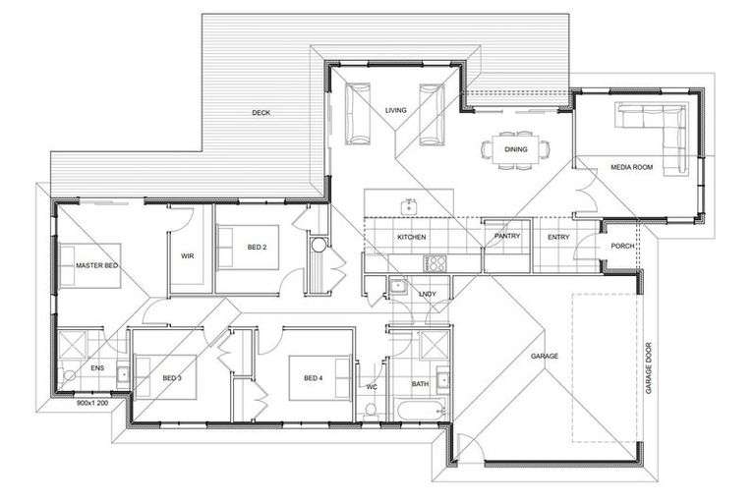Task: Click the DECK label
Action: [261, 113]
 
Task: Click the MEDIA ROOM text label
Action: [632, 167]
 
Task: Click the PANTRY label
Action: [506, 237]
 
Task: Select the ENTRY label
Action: [558, 237]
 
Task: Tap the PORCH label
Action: [621, 246]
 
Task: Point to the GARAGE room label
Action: [545, 356]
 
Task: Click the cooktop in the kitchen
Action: [434, 262]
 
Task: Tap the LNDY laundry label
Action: [427, 294]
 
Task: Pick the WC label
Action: [371, 386]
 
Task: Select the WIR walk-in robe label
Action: [189, 256]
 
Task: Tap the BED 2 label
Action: [258, 247]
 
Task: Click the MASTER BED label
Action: [97, 264]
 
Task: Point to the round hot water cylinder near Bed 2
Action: [319, 246]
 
